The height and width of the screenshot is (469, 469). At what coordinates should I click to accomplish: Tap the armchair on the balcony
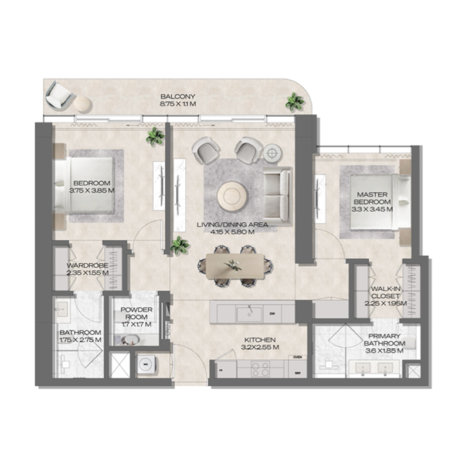click(59, 94)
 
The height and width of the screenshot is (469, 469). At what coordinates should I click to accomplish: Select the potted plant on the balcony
click(294, 102)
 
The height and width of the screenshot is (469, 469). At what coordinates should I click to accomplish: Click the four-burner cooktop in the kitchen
click(258, 369)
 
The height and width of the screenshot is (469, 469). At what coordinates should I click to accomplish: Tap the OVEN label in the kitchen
click(297, 357)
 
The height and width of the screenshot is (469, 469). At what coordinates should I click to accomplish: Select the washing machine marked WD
click(146, 363)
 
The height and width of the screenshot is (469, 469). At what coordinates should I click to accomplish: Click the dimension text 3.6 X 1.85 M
click(384, 350)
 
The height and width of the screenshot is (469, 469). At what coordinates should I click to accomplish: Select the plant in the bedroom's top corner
click(155, 137)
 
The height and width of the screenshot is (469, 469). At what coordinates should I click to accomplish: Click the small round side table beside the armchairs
click(271, 152)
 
